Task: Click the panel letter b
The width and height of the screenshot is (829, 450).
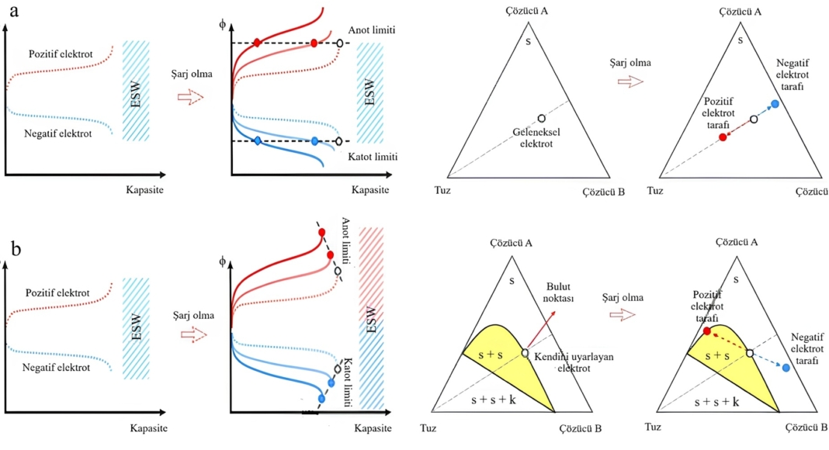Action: [x=16, y=249]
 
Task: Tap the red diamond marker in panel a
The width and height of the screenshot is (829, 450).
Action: [x=258, y=43]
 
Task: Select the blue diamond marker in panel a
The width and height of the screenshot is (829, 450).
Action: [x=258, y=141]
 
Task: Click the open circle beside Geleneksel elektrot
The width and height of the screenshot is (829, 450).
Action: [x=542, y=118]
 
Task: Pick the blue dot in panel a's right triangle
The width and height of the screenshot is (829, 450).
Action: [x=774, y=104]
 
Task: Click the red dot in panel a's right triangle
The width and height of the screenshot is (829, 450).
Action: [x=723, y=137]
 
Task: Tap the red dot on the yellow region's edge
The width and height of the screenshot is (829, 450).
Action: [x=707, y=331]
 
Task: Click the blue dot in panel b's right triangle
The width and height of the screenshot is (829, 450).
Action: [x=786, y=368]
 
